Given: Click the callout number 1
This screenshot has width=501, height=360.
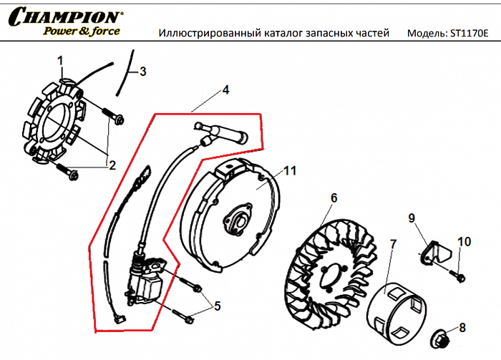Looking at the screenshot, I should pos(61,60).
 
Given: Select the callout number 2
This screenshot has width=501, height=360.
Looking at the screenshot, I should pos(111,165).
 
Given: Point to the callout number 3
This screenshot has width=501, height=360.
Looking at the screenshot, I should pos(143,72).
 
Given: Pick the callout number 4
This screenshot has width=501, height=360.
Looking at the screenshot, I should pos(225,90).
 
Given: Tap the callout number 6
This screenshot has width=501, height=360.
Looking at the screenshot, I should pos(334,198).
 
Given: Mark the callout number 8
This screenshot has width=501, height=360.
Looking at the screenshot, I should pos(462,328).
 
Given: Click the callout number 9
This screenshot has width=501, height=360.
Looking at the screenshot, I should pos(412,217).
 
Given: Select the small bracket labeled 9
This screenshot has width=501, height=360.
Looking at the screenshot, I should pos(431,252).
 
